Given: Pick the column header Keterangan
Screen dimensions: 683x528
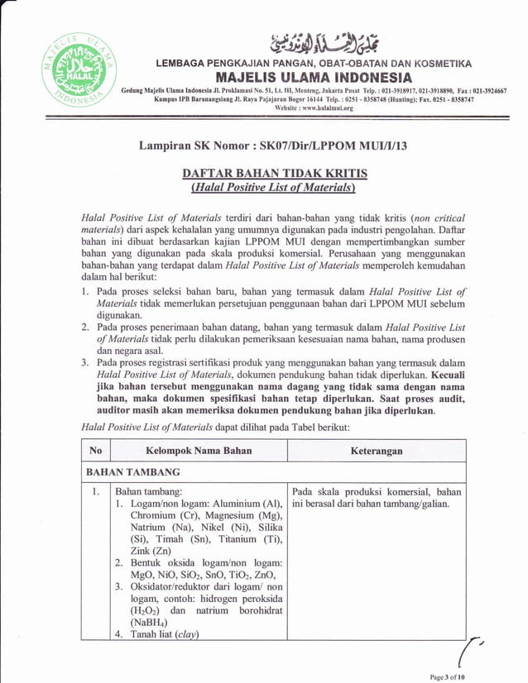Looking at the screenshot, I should click(377, 451).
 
